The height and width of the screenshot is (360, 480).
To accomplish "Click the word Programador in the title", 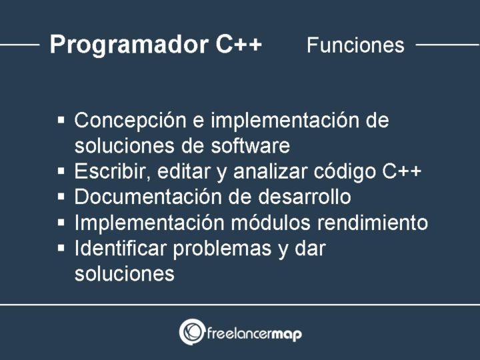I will pyautogui.click(x=129, y=45).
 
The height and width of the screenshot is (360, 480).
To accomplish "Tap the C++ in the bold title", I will pyautogui.click(x=239, y=45).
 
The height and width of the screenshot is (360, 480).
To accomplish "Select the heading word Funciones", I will pyautogui.click(x=355, y=45).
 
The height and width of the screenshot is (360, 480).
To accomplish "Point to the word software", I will pyautogui.click(x=251, y=145).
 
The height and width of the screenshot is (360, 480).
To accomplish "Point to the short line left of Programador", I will pyautogui.click(x=20, y=45).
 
